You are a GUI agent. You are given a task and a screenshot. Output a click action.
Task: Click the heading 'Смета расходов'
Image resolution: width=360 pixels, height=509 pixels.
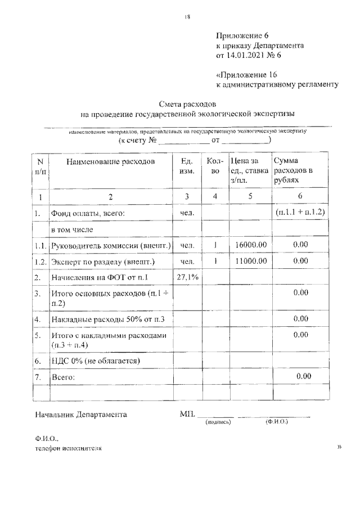point(187,104)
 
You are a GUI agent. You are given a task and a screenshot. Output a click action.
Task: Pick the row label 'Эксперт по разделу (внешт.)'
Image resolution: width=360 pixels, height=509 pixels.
point(103,262)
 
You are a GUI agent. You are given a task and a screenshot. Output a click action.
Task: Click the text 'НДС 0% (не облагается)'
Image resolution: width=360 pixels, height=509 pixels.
point(96,360)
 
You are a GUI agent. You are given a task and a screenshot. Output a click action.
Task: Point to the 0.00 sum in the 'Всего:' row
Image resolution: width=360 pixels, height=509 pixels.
point(304,376)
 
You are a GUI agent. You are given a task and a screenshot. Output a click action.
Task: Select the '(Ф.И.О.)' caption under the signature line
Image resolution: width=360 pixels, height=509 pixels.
point(276,422)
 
